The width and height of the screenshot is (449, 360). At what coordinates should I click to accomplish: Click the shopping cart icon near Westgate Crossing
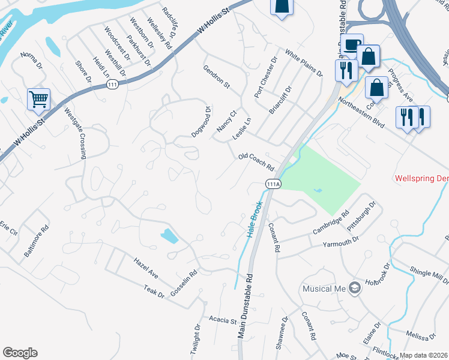(x=38, y=100)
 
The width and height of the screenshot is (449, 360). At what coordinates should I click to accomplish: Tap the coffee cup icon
(x=351, y=44)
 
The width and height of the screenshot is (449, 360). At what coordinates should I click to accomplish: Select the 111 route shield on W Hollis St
(x=112, y=86)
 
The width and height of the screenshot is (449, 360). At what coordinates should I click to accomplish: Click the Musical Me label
(x=324, y=289)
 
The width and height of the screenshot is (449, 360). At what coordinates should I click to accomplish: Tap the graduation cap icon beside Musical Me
(x=354, y=288)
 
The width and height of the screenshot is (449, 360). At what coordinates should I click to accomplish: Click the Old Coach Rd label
(x=256, y=161)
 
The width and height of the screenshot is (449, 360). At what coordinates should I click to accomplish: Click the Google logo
(x=20, y=353)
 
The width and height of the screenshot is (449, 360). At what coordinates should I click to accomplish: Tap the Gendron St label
(x=217, y=77)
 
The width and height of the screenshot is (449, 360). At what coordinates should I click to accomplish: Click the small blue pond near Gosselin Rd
(x=169, y=236)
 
